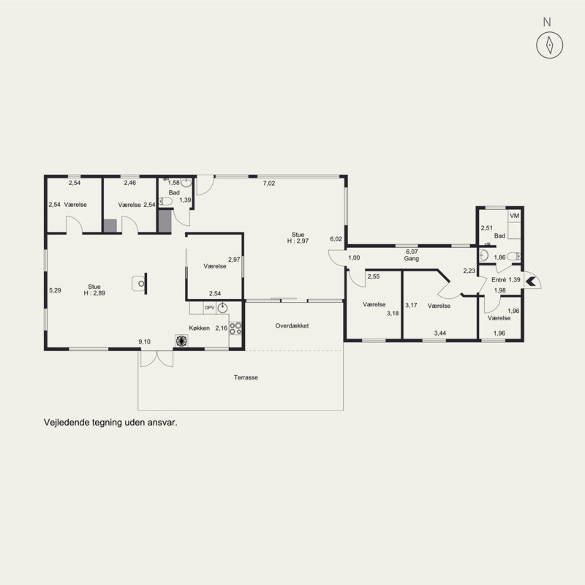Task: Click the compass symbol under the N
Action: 550,45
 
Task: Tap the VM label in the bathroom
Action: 515,216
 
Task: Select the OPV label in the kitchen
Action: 210,308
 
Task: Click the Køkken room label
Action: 199,328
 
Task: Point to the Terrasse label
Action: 246,377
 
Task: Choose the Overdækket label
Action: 292,325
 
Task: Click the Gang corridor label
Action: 412,259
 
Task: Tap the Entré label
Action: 499,280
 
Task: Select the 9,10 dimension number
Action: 144,341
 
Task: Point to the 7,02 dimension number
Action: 269,184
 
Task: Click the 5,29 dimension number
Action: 55,290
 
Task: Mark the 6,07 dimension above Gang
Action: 412,252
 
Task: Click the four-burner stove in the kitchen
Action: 235,328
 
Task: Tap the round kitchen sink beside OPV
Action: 223,308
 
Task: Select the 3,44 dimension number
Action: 440,333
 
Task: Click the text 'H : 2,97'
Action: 298,241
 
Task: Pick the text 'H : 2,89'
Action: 94,293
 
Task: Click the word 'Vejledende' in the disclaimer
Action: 62,423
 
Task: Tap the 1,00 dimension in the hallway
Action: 354,258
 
